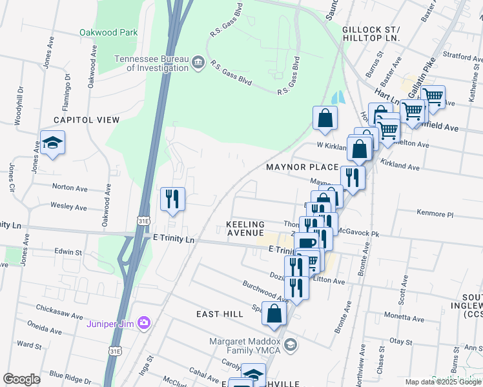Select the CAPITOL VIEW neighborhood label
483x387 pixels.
tap(87, 120)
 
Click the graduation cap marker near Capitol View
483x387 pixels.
tap(53, 143)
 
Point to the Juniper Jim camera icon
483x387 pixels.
tap(143, 322)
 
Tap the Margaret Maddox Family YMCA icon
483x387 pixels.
tap(290, 344)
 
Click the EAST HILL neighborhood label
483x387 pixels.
tap(220, 314)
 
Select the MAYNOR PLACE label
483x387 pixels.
tap(302, 167)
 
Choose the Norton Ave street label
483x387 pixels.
tap(69, 188)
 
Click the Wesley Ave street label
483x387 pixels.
tap(68, 207)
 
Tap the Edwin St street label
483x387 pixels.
tap(68, 252)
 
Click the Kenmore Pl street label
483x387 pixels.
tap(436, 213)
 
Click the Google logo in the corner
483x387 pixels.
tap(22, 379)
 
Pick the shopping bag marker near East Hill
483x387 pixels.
tap(274, 313)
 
